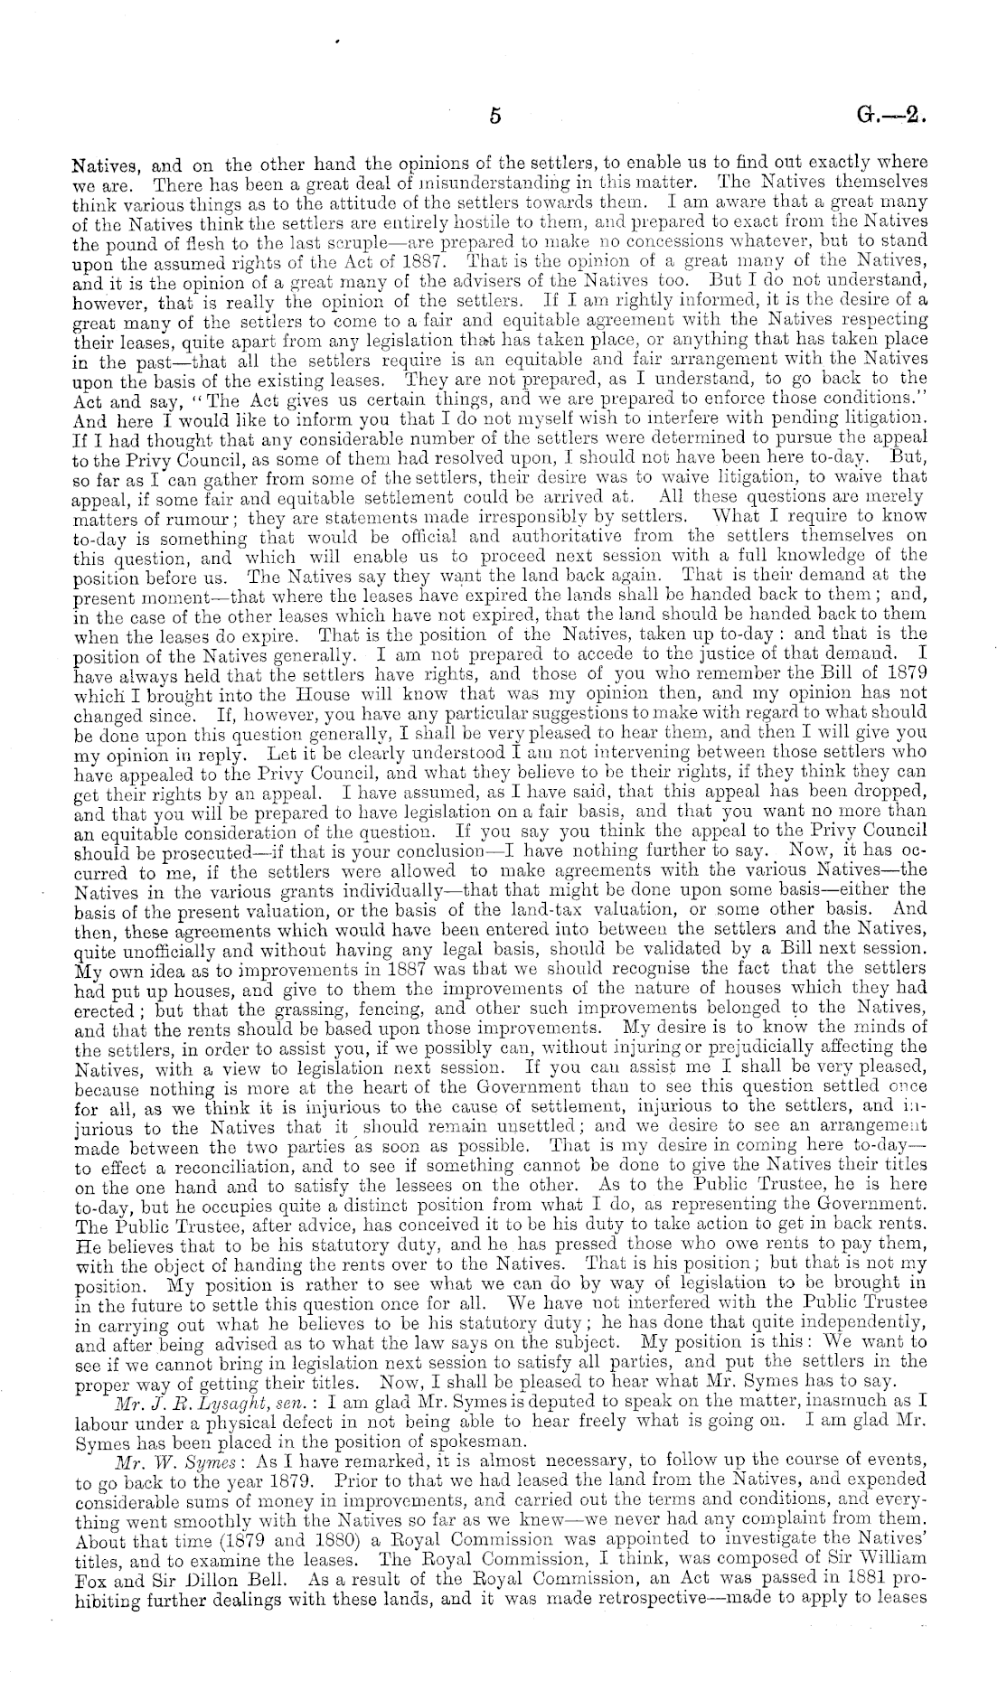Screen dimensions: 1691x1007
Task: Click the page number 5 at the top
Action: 494,116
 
